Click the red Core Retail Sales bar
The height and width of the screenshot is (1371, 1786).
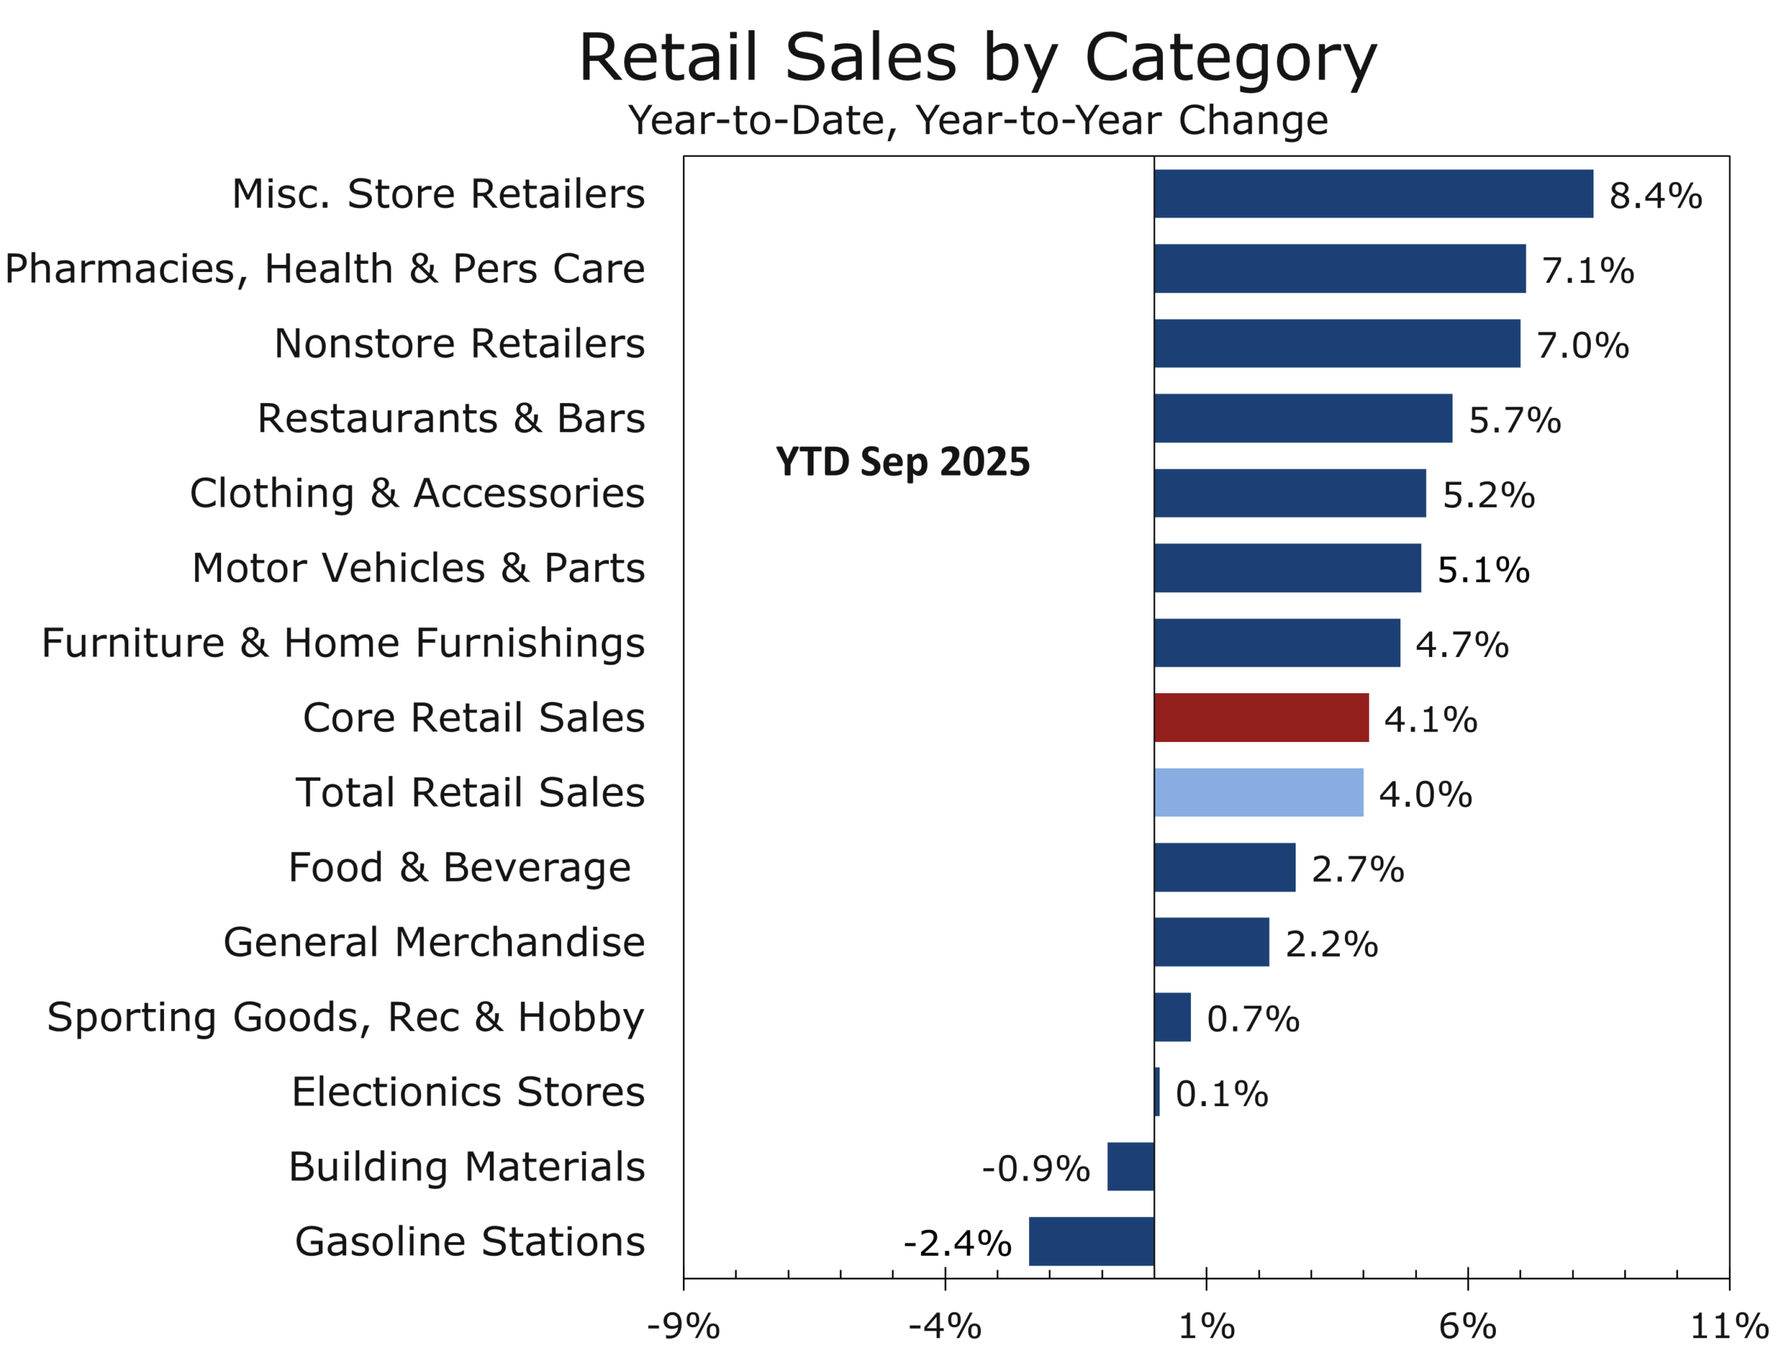(x=1261, y=718)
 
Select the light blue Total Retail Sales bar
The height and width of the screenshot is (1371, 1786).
(x=1258, y=792)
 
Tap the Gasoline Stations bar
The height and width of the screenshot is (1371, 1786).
(x=1090, y=1241)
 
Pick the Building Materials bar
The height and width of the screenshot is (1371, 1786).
(x=1130, y=1166)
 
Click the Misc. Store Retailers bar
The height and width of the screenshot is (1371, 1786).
(x=1373, y=193)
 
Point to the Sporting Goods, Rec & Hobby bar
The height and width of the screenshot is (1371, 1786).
(x=1171, y=1017)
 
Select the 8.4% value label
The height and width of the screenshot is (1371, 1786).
(x=1655, y=196)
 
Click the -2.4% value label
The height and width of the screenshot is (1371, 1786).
(x=956, y=1243)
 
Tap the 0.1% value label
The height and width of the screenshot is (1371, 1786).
(x=1221, y=1094)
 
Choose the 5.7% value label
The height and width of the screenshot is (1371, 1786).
(x=1514, y=421)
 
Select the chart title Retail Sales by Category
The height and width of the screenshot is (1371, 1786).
(x=977, y=58)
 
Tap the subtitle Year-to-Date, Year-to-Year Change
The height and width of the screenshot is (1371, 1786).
(x=977, y=121)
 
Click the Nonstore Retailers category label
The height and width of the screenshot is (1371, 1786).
(x=459, y=344)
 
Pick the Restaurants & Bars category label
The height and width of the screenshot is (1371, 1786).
(x=451, y=418)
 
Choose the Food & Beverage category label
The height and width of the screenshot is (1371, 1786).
(x=460, y=868)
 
